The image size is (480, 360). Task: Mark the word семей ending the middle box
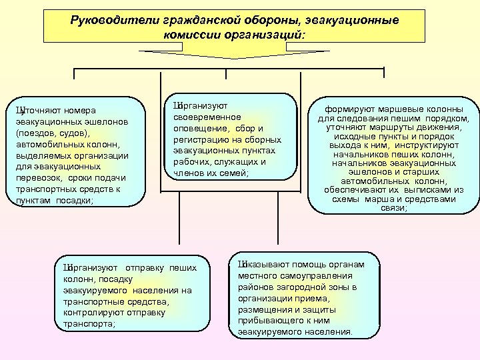[x=233, y=173]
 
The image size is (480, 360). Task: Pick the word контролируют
[x=89, y=313]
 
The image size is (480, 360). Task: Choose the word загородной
[x=294, y=287]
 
